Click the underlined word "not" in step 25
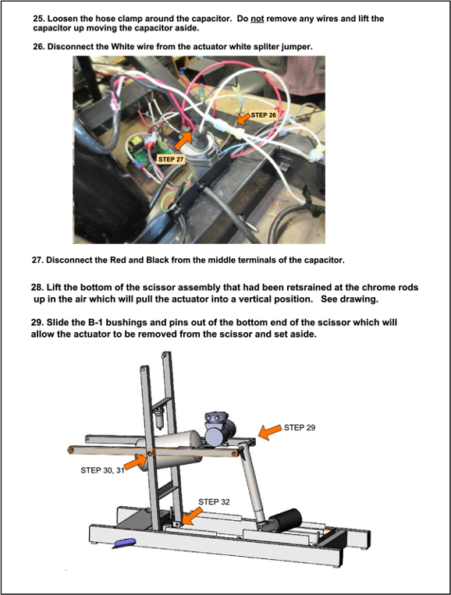click(x=257, y=19)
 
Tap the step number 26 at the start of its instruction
click(x=38, y=47)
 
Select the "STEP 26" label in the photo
click(x=263, y=115)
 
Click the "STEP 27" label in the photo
click(x=171, y=159)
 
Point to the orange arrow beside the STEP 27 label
click(x=183, y=140)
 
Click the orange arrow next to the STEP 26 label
click(x=243, y=118)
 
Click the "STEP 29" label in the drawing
click(x=299, y=427)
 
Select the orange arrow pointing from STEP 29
click(x=270, y=432)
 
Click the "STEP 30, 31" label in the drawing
click(x=102, y=470)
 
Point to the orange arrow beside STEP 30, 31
click(x=136, y=462)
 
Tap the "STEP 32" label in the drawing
click(x=214, y=501)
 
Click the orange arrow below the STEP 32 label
click(x=192, y=517)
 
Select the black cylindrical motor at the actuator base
click(x=285, y=521)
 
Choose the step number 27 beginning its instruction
click(x=37, y=260)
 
